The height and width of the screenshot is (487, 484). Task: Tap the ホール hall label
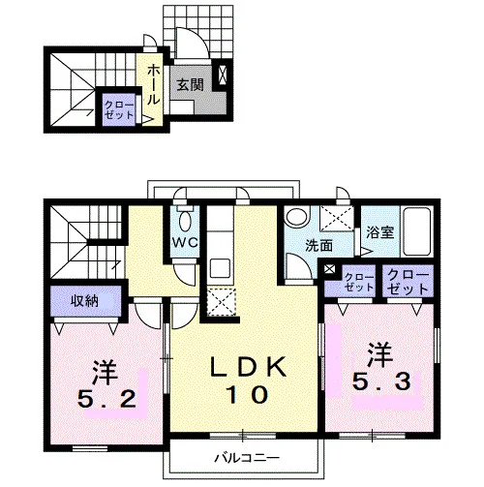pos(154,85)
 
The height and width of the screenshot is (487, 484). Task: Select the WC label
pos(185,243)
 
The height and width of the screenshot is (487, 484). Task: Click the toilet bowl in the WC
pos(185,221)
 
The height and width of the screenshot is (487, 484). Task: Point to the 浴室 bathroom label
pos(380,232)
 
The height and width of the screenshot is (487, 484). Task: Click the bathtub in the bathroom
pos(417,231)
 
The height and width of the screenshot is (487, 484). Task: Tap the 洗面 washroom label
pos(318,246)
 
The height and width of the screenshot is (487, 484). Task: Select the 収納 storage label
pos(84,301)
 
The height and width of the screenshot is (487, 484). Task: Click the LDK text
pos(248,367)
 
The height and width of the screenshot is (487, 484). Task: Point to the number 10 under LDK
pos(248,394)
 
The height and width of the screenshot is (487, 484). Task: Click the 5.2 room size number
pos(106,399)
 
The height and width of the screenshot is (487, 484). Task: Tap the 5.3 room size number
pos(381,380)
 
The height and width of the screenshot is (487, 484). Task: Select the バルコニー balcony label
pos(247,458)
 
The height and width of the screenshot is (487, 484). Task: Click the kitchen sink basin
pos(220,267)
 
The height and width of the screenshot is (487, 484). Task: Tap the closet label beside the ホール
pos(119,110)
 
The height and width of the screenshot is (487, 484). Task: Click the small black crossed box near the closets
pos(330,269)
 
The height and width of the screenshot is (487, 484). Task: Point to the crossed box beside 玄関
pos(223,75)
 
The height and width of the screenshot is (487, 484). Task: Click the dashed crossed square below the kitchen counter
pos(222,302)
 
